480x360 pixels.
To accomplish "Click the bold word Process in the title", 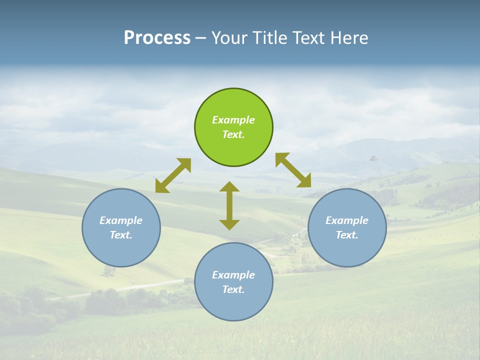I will pyautogui.click(x=157, y=38).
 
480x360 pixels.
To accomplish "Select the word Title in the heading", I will pyautogui.click(x=272, y=38).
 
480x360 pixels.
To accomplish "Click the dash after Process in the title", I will pyautogui.click(x=200, y=38).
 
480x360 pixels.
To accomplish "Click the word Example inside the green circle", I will pyautogui.click(x=233, y=120).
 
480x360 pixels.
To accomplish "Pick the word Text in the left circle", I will pyautogui.click(x=121, y=235).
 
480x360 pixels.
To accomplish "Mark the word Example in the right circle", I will pyautogui.click(x=347, y=220).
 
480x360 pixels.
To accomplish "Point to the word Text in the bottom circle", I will pyautogui.click(x=233, y=289).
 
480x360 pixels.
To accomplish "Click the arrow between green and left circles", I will pyautogui.click(x=173, y=175).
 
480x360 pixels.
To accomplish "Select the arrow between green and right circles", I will pyautogui.click(x=293, y=170).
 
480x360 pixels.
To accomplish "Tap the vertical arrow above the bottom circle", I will pyautogui.click(x=229, y=205).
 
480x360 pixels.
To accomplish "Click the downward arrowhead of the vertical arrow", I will pyautogui.click(x=229, y=224).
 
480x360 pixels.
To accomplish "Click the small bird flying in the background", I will pyautogui.click(x=372, y=158).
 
